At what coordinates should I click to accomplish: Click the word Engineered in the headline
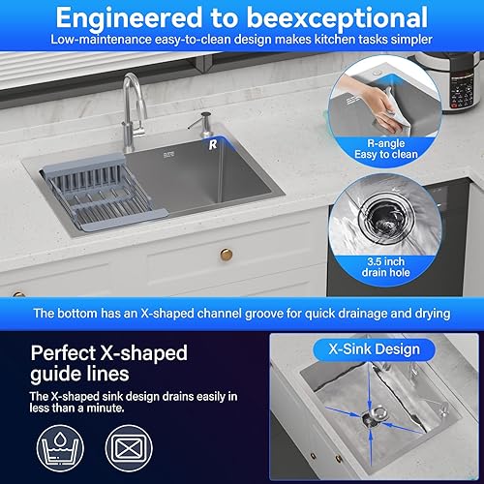pos(129,18)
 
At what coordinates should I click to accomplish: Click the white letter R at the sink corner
pos(213,144)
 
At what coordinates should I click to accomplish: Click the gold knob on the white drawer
pos(227,255)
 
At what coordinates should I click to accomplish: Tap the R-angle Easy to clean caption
pos(386,149)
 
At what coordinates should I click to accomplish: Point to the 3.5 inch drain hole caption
pos(386,267)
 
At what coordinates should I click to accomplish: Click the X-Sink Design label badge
pos(374,349)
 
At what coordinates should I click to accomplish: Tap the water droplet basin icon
pos(60,448)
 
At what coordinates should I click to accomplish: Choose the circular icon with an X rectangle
pos(129,448)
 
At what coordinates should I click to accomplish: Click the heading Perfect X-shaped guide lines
pos(109,363)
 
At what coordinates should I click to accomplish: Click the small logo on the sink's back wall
pos(169,155)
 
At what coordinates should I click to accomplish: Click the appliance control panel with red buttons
pos(462,90)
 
